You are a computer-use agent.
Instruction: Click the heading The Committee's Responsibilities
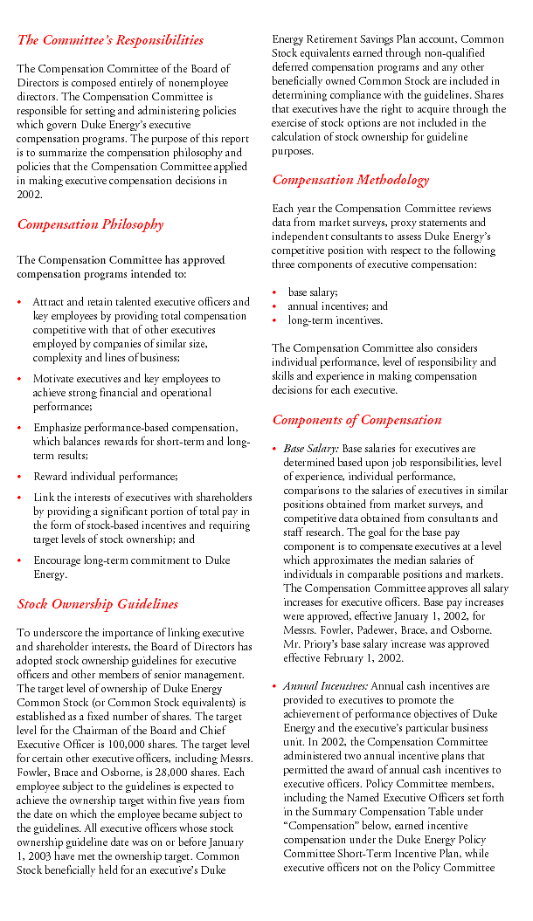point(110,40)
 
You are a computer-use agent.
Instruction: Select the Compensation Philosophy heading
point(90,224)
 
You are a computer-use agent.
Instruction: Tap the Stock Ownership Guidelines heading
point(97,604)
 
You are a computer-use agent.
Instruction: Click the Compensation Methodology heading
point(350,181)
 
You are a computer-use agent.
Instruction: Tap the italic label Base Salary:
point(310,449)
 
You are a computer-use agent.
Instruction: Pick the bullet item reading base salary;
point(313,292)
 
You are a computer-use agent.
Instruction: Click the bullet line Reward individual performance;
point(105,477)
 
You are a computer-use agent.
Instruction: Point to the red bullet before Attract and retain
point(20,302)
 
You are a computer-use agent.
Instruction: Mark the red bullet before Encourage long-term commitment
point(20,561)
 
